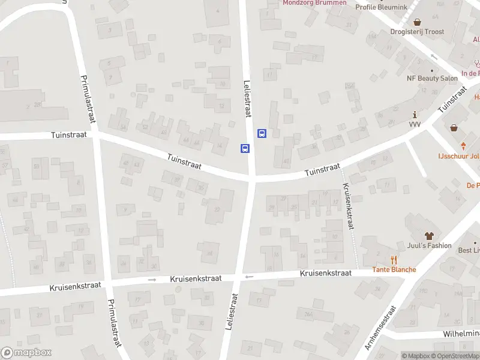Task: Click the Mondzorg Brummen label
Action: [x=314, y=2]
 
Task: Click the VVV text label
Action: [x=415, y=124]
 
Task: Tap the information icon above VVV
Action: [x=415, y=114]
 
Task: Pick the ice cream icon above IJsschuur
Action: [x=463, y=146]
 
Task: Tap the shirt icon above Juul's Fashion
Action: [x=428, y=235]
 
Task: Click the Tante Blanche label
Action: [x=394, y=269]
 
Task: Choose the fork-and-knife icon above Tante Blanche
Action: [x=394, y=259]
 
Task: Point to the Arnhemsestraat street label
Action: [x=382, y=328]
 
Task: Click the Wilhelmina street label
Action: [x=461, y=334]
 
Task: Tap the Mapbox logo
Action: [x=26, y=353]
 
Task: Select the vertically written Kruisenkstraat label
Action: [x=347, y=206]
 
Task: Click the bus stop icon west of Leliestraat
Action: [x=245, y=148]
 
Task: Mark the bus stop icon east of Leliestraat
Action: [x=262, y=133]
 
